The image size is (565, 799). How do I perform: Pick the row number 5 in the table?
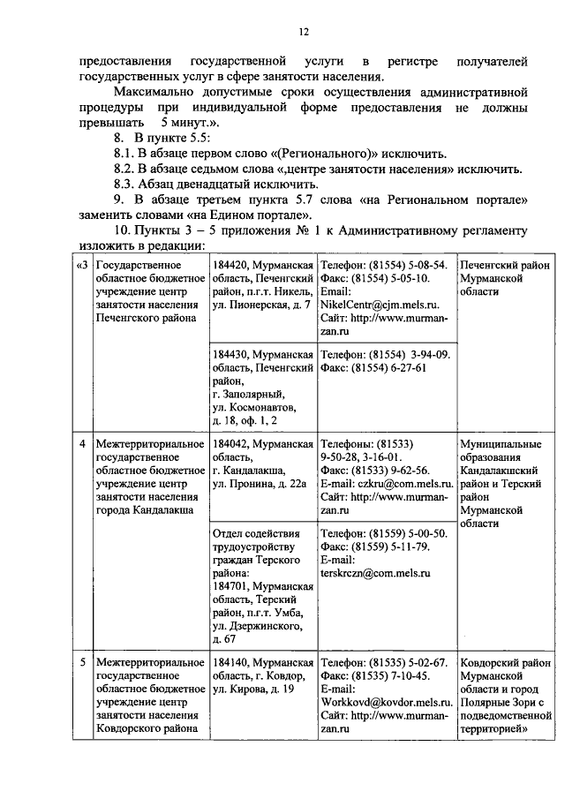tap(83, 661)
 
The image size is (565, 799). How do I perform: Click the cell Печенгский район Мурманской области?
tap(504, 278)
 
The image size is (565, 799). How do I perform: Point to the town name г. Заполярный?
tap(246, 394)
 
